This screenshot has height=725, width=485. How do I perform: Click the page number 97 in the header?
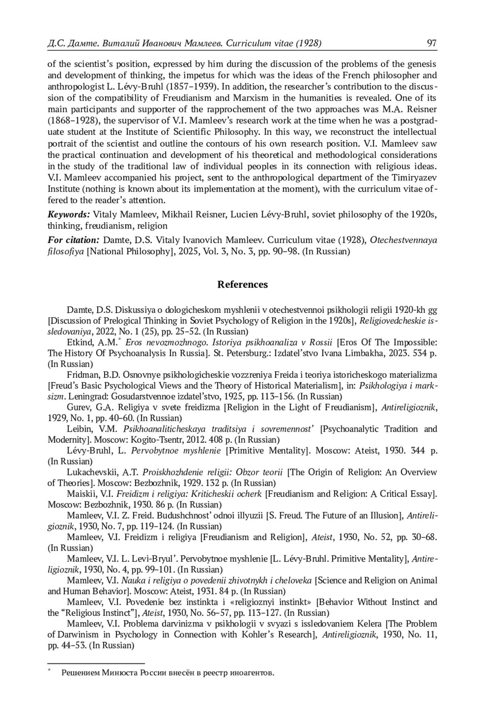pyautogui.click(x=432, y=43)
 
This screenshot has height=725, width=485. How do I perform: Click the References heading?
pyautogui.click(x=242, y=284)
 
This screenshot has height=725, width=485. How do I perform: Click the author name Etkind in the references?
pyautogui.click(x=81, y=343)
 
